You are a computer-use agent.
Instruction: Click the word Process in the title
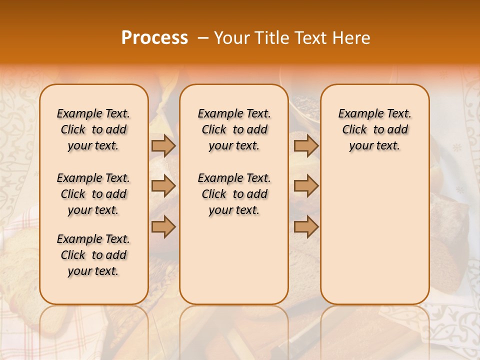pyautogui.click(x=154, y=38)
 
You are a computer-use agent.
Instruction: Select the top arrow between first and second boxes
pyautogui.click(x=163, y=145)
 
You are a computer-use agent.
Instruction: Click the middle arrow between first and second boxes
pyautogui.click(x=163, y=186)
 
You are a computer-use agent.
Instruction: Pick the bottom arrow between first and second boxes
pyautogui.click(x=163, y=227)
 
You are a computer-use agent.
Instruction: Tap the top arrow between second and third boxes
pyautogui.click(x=306, y=145)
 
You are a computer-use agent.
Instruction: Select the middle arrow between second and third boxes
pyautogui.click(x=306, y=186)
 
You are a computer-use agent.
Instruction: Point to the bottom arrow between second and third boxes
pyautogui.click(x=306, y=227)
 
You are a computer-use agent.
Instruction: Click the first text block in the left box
pyautogui.click(x=93, y=129)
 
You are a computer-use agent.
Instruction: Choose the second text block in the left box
pyautogui.click(x=93, y=194)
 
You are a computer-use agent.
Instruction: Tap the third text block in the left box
pyautogui.click(x=93, y=255)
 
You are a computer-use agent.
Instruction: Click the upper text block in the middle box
pyautogui.click(x=234, y=129)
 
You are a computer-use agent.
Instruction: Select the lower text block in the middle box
pyautogui.click(x=234, y=194)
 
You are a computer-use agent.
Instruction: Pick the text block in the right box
pyautogui.click(x=374, y=129)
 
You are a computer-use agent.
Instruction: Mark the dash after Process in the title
pyautogui.click(x=203, y=38)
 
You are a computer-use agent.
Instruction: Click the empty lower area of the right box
pyautogui.click(x=374, y=230)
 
